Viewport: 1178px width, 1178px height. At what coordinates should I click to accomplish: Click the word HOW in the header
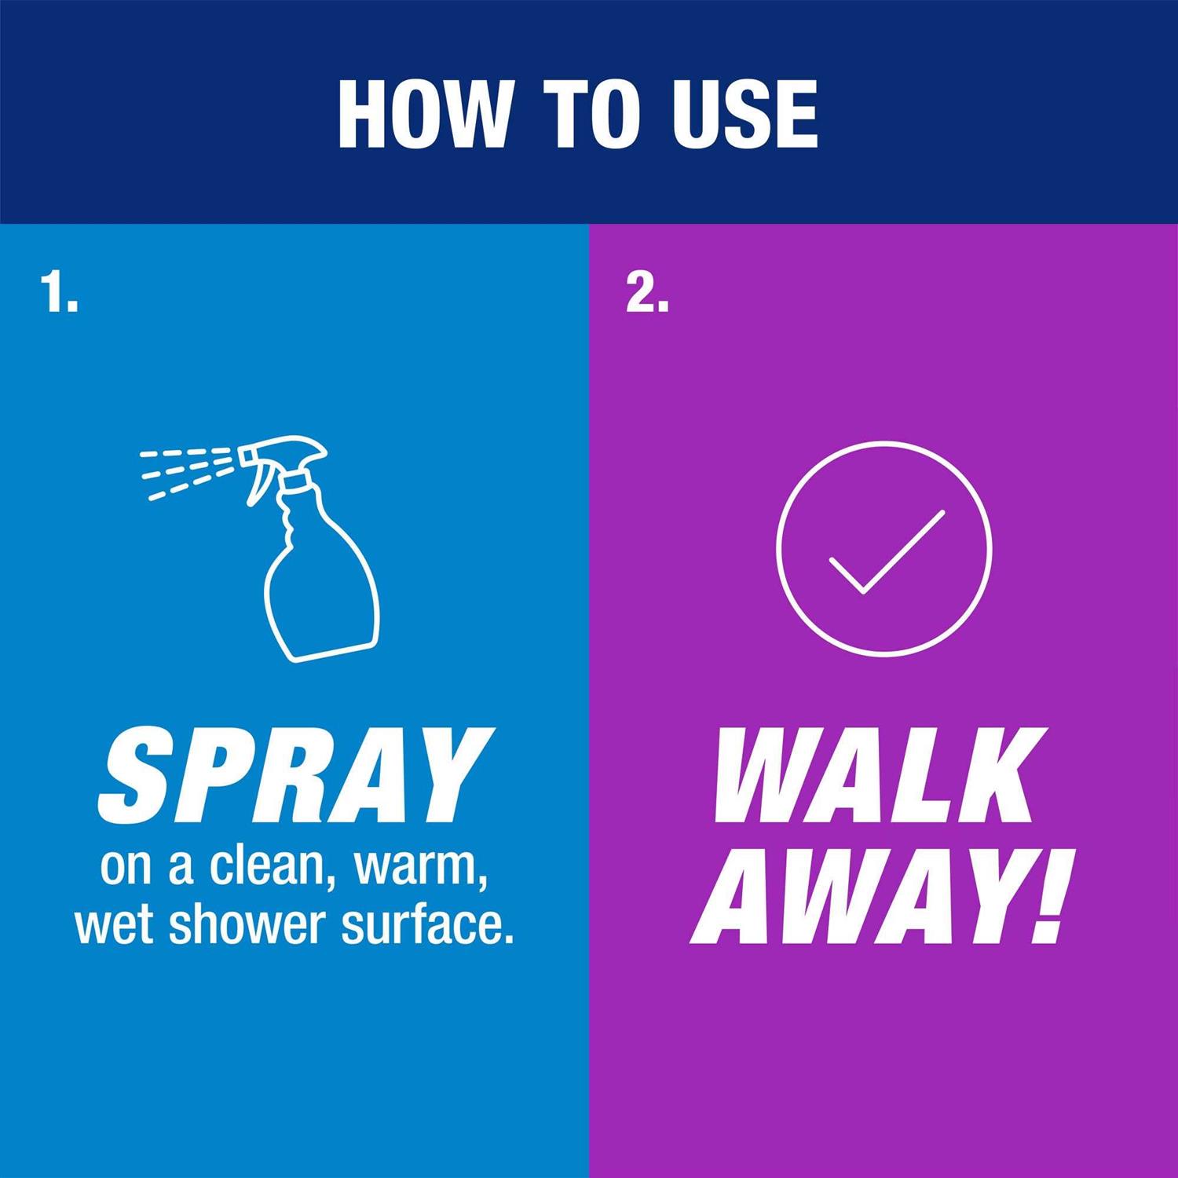423,114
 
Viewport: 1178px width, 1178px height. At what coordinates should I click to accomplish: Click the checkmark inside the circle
886,551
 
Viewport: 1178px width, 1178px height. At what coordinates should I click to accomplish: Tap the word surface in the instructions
422,925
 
